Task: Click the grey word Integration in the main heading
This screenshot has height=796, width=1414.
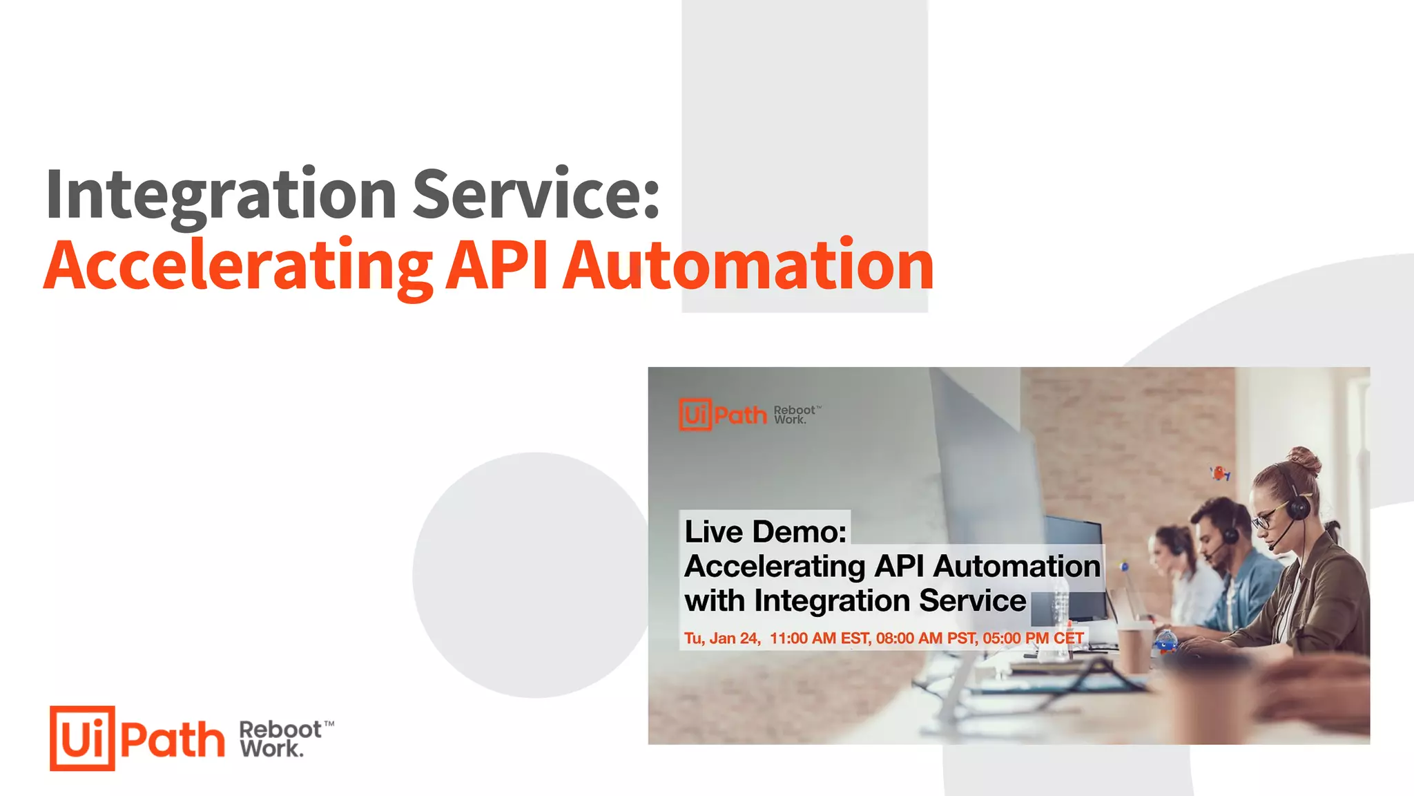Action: click(x=221, y=196)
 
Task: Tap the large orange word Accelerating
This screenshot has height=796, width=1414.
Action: click(x=238, y=267)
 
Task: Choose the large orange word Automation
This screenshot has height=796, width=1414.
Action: click(x=748, y=265)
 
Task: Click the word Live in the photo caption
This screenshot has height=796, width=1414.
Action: click(x=714, y=531)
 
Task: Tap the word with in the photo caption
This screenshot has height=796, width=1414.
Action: click(x=715, y=600)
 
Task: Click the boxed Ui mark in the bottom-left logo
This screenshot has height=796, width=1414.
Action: click(x=82, y=738)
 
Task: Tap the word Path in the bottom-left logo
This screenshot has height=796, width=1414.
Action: click(x=173, y=739)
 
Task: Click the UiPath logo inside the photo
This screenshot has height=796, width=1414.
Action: click(x=723, y=415)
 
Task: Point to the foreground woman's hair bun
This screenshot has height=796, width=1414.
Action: click(x=1304, y=459)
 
